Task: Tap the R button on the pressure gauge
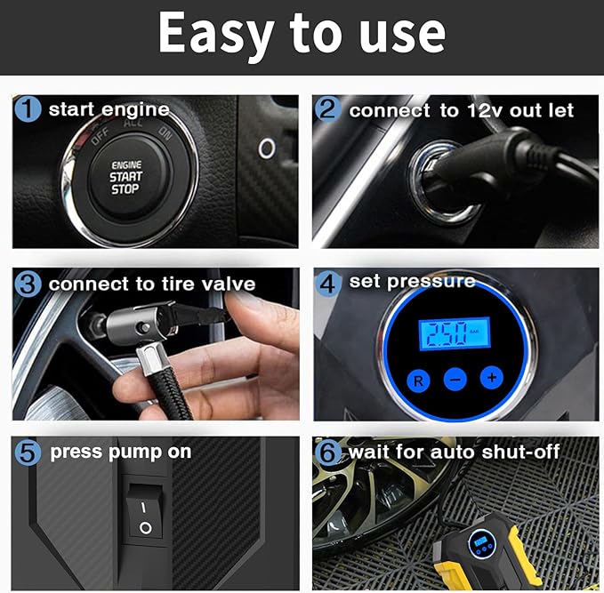tap(418, 381)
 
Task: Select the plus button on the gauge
tap(492, 377)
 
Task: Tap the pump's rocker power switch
tap(144, 511)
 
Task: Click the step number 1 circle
tap(28, 109)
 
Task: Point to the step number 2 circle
tap(328, 109)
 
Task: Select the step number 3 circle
tap(28, 284)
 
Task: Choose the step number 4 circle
tap(328, 284)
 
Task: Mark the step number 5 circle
tap(28, 452)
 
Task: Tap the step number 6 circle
tap(328, 452)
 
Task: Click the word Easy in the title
tap(216, 34)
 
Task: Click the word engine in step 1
tap(135, 110)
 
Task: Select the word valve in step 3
tap(229, 284)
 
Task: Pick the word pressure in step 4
tap(431, 282)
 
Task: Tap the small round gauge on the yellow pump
tap(482, 543)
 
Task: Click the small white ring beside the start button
tap(267, 148)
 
